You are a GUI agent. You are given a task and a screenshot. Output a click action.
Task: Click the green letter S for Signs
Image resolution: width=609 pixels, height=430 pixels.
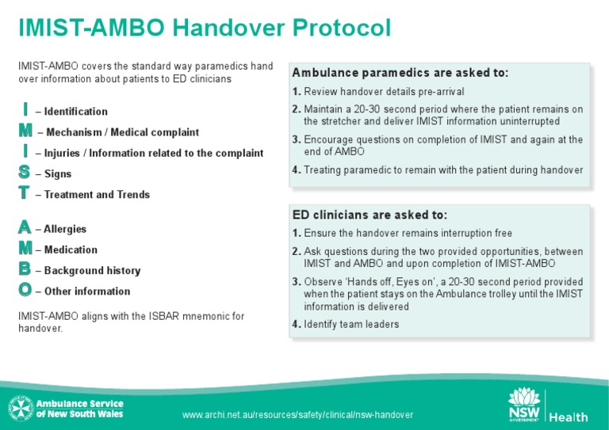coord(25,172)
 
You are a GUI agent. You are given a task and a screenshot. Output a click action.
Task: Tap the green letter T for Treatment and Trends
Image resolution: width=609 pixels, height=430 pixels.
coord(25,192)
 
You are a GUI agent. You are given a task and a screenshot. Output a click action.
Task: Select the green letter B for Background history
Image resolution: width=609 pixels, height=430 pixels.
coord(25,269)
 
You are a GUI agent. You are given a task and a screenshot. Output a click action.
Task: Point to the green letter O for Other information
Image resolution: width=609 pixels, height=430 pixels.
coord(25,290)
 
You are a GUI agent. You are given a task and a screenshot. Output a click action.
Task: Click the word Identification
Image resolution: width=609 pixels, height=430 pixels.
coord(76,112)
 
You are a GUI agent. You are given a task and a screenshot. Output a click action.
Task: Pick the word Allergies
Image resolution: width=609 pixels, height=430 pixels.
coord(65,229)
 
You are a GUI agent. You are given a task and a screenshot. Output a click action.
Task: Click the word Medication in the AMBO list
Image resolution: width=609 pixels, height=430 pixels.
coord(71,249)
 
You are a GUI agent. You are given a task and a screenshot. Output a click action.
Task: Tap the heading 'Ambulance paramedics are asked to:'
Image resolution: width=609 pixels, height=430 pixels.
coord(400,73)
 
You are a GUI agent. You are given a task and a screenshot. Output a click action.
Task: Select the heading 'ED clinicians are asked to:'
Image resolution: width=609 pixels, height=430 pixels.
coord(370,215)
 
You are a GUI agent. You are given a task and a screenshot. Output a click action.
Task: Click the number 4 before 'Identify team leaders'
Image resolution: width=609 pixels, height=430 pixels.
coord(296,324)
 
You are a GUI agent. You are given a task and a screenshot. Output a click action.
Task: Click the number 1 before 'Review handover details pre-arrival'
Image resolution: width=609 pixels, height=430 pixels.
coord(296,92)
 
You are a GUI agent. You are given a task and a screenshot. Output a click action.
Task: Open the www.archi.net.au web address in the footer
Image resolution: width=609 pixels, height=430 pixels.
coord(297,415)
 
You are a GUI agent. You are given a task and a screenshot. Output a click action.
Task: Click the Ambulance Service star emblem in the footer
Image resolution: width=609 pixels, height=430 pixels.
coord(18,408)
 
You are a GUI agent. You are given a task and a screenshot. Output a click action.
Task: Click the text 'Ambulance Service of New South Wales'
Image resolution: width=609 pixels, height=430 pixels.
coord(79,408)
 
